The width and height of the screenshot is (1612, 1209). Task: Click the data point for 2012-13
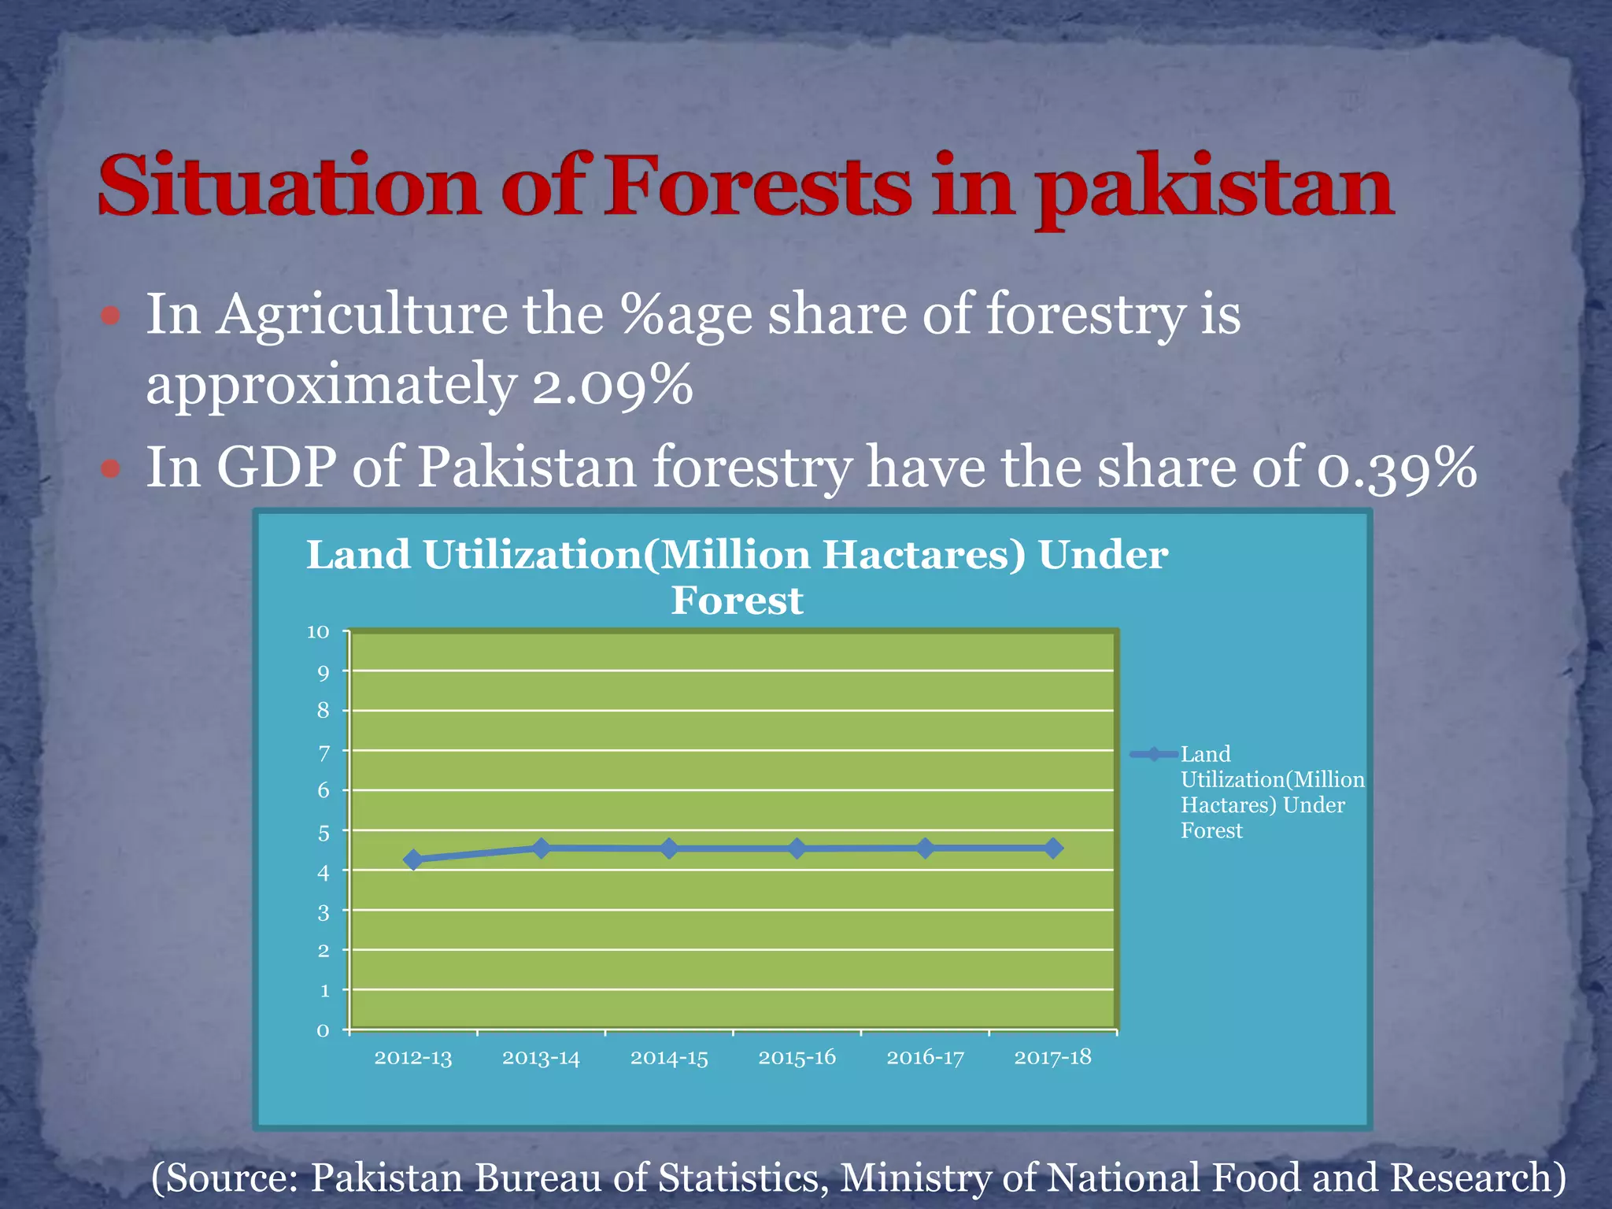(413, 860)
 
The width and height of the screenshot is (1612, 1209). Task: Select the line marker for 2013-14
(542, 848)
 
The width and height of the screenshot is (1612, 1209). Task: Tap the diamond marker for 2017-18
(1053, 848)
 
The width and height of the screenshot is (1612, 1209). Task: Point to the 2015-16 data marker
(797, 849)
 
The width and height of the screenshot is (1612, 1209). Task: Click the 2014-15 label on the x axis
(669, 1057)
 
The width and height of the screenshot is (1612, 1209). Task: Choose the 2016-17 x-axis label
(925, 1057)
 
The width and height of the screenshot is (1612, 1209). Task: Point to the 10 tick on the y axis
(318, 632)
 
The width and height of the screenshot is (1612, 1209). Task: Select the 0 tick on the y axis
(323, 1030)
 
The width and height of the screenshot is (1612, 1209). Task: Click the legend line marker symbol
(1154, 754)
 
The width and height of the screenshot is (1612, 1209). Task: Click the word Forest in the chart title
(737, 601)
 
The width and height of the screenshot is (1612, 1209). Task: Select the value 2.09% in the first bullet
(612, 385)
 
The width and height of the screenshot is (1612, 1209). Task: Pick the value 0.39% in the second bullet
(1396, 468)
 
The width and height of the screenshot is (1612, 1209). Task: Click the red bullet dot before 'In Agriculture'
(110, 316)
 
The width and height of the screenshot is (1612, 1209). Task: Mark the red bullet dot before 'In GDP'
(110, 469)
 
